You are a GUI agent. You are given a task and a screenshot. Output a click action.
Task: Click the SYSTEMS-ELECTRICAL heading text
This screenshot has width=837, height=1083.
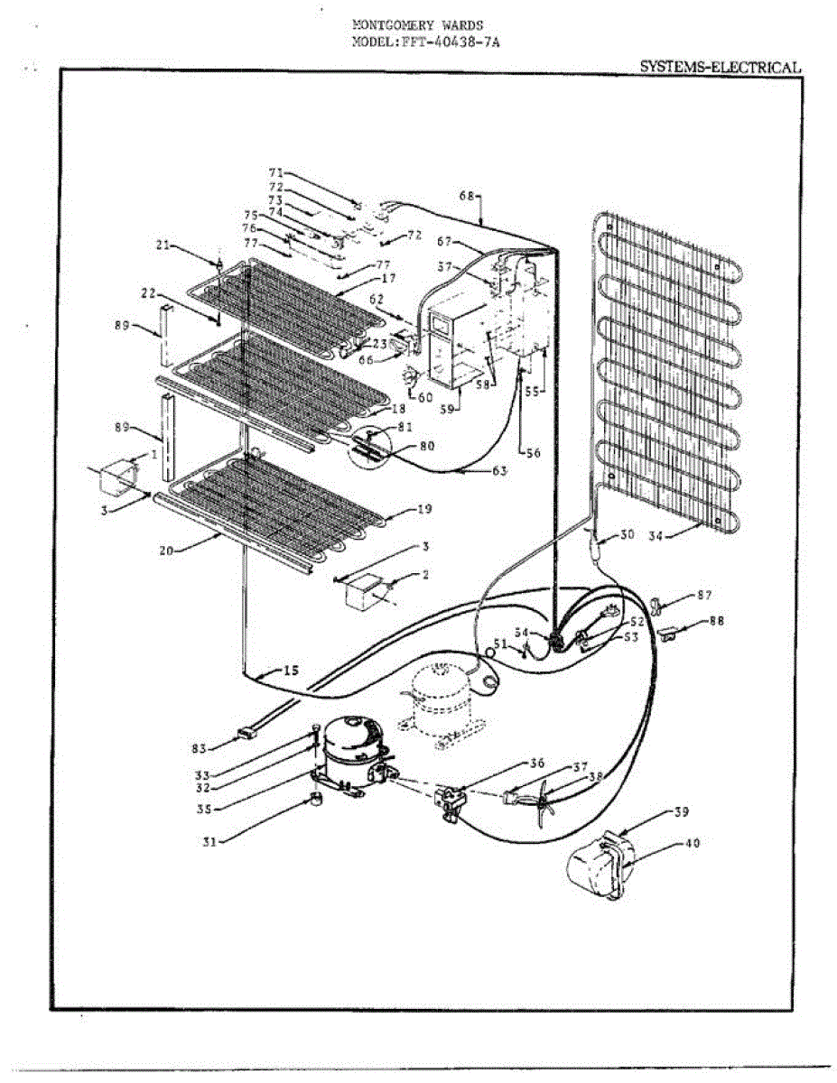720,67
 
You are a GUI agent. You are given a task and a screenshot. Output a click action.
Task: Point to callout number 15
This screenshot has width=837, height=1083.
290,671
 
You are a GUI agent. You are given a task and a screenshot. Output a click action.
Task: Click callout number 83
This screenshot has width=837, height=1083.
199,748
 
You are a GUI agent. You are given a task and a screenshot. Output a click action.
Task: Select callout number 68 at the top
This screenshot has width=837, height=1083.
467,195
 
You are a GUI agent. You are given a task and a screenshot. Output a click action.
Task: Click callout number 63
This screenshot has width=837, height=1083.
498,470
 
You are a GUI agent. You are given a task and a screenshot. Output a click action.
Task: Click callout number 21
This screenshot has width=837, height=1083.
163,245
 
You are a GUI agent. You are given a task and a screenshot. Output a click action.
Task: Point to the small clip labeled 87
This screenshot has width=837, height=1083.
658,601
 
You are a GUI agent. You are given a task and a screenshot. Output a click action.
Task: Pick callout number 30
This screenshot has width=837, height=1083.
626,534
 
